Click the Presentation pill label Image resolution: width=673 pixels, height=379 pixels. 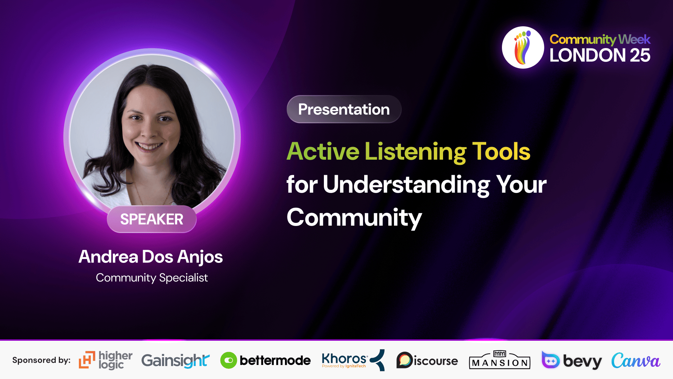click(x=344, y=109)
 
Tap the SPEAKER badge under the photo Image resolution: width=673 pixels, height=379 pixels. click(x=152, y=219)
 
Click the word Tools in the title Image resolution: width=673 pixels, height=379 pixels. click(x=501, y=151)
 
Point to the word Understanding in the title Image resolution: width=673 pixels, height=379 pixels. click(x=406, y=185)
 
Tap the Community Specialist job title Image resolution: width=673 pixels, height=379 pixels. click(x=152, y=278)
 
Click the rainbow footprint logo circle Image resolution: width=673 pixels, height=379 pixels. click(x=523, y=47)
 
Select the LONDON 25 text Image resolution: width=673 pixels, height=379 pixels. click(x=600, y=55)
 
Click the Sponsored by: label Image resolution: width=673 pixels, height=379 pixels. click(x=41, y=360)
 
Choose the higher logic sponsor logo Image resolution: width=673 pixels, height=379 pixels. click(x=106, y=360)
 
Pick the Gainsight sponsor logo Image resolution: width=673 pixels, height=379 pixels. click(x=176, y=361)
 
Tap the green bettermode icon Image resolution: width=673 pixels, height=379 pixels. click(x=229, y=360)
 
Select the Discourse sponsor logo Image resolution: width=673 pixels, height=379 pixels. click(x=427, y=360)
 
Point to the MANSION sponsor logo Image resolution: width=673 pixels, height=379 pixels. click(x=499, y=360)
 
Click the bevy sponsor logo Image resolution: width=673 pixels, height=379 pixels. click(x=572, y=360)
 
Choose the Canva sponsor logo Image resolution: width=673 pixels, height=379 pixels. click(x=636, y=361)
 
